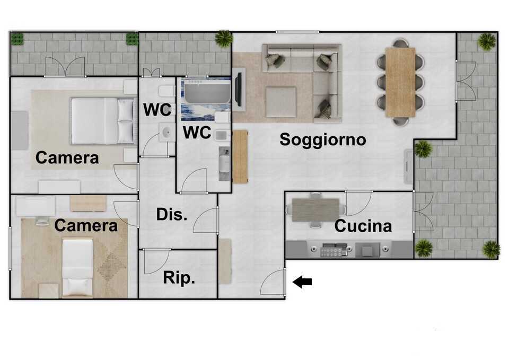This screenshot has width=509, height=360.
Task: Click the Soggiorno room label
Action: pyautogui.click(x=323, y=140)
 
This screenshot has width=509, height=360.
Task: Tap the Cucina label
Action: pyautogui.click(x=363, y=226)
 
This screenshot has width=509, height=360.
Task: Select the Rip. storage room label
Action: pyautogui.click(x=179, y=278)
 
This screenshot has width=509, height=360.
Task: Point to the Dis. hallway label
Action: pyautogui.click(x=172, y=214)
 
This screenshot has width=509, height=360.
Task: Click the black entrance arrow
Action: pyautogui.click(x=302, y=282)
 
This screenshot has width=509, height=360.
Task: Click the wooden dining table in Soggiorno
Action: pyautogui.click(x=400, y=82)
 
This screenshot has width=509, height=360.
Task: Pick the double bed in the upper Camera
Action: pyautogui.click(x=102, y=121)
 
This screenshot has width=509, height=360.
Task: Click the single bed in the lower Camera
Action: pyautogui.click(x=77, y=267)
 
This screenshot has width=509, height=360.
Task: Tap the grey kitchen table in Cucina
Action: pyautogui.click(x=315, y=210)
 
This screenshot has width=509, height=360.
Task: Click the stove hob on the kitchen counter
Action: pyautogui.click(x=332, y=250)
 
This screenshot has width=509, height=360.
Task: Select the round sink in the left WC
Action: pyautogui.click(x=167, y=133)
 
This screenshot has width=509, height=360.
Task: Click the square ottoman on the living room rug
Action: pyautogui.click(x=281, y=102)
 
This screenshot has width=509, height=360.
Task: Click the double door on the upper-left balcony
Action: pyautogui.click(x=65, y=67)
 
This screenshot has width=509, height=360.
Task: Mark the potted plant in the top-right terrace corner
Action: pyautogui.click(x=487, y=41)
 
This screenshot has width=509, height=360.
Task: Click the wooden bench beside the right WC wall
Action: pyautogui.click(x=240, y=156)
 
